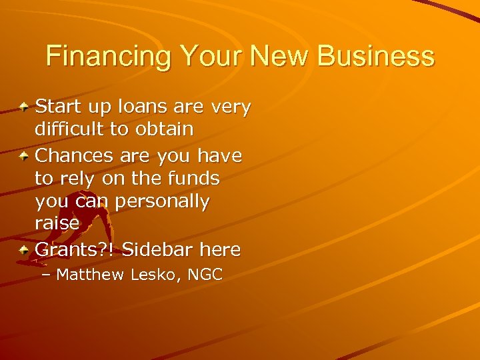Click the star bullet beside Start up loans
point(24,107)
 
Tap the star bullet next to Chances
point(24,156)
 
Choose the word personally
point(162,201)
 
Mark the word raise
point(57,224)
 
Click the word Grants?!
point(75,251)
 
